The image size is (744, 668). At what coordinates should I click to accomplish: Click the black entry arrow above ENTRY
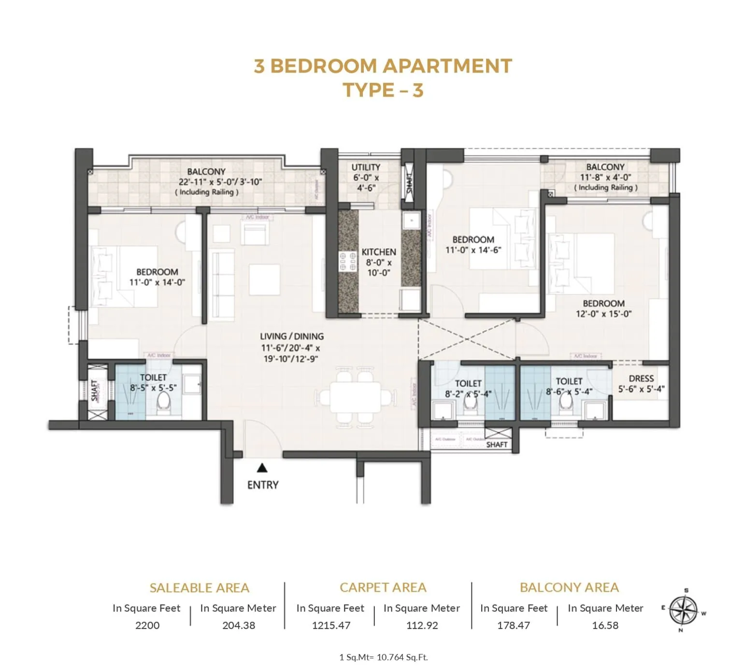[x=262, y=467]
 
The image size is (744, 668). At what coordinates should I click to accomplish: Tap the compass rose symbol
[x=683, y=610]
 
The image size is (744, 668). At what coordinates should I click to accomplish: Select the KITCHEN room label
[x=379, y=252]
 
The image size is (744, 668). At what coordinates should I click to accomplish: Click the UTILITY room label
[x=366, y=167]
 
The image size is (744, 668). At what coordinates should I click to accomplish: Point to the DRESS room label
[x=641, y=378]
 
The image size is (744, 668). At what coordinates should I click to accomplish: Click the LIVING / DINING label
[x=292, y=336]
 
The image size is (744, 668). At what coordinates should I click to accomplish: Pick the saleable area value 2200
[x=147, y=625]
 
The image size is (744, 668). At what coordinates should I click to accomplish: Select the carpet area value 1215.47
[x=331, y=625]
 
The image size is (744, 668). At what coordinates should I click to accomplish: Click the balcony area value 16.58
[x=605, y=625]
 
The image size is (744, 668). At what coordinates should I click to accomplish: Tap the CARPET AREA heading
[x=383, y=587]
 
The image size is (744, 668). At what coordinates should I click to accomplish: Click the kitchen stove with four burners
[x=347, y=261]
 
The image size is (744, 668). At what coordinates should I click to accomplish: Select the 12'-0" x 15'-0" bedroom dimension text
[x=603, y=314]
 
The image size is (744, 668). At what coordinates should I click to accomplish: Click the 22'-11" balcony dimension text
[x=220, y=182]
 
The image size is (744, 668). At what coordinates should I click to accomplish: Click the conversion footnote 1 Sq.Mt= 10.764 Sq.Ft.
[x=384, y=657]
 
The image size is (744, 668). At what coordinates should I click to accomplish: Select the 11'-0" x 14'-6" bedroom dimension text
[x=473, y=250]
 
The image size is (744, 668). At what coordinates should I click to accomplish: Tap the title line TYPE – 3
[x=383, y=90]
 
